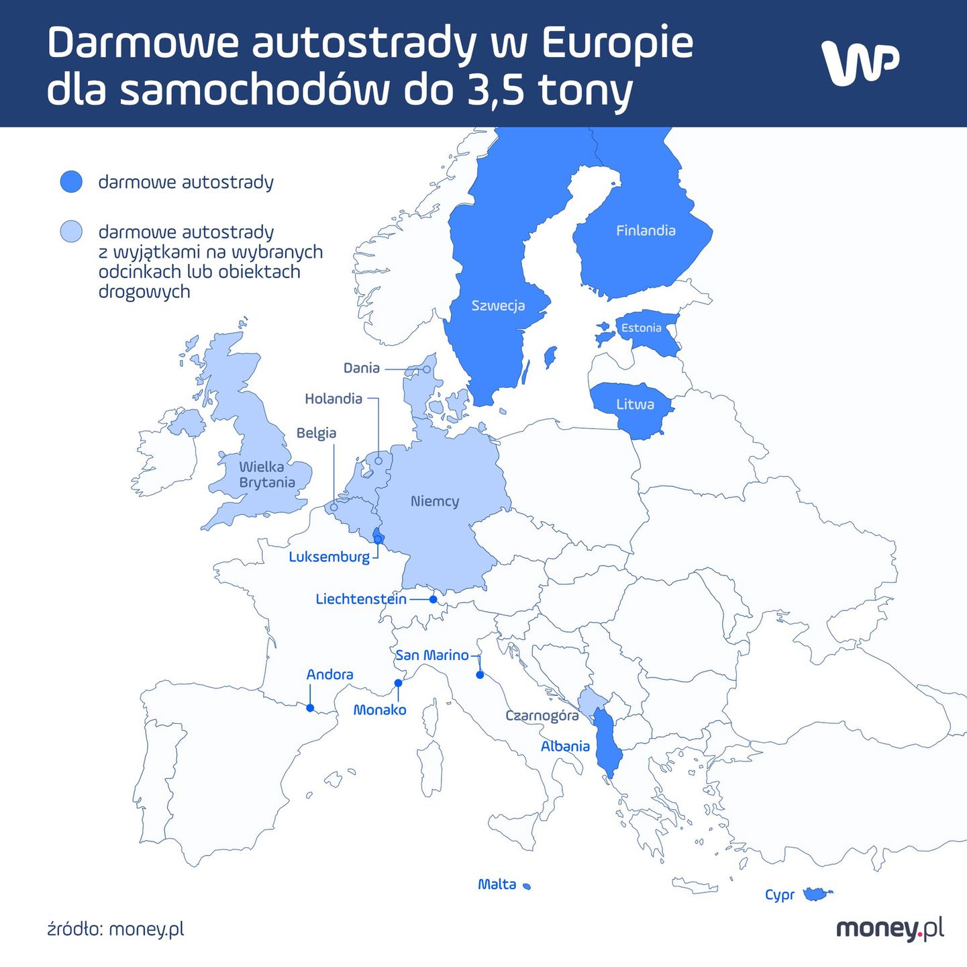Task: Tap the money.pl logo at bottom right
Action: pyautogui.click(x=889, y=929)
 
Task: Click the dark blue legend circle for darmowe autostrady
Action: pyautogui.click(x=71, y=182)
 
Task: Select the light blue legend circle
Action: pyautogui.click(x=71, y=232)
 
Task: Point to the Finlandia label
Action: pyautogui.click(x=646, y=230)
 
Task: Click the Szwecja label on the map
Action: pyautogui.click(x=498, y=306)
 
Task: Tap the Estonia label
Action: pyautogui.click(x=641, y=328)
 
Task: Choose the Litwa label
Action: pyautogui.click(x=635, y=404)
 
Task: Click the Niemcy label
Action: pyautogui.click(x=435, y=501)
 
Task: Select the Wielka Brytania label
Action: pyautogui.click(x=266, y=474)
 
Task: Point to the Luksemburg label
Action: pyautogui.click(x=329, y=557)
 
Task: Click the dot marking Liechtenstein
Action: pyautogui.click(x=433, y=599)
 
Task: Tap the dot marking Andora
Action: pyautogui.click(x=310, y=708)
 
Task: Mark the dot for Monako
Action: pyautogui.click(x=398, y=683)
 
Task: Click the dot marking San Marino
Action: pyautogui.click(x=480, y=675)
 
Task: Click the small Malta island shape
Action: pyautogui.click(x=527, y=886)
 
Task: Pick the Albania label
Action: pyautogui.click(x=565, y=746)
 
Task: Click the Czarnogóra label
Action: pyautogui.click(x=542, y=715)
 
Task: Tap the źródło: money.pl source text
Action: pyautogui.click(x=115, y=929)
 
